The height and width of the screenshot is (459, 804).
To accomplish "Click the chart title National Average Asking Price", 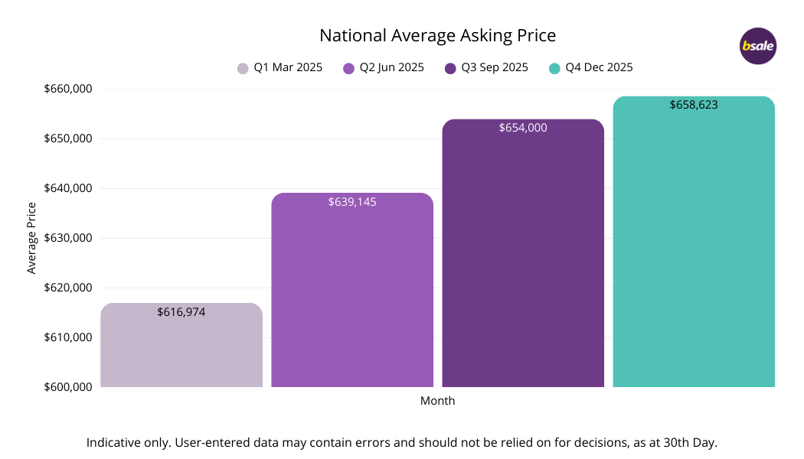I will [x=437, y=35].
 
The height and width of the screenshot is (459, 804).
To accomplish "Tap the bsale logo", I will [x=758, y=46].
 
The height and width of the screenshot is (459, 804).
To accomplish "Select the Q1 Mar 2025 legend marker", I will [x=243, y=68].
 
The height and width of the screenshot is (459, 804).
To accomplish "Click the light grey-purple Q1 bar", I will [x=181, y=352].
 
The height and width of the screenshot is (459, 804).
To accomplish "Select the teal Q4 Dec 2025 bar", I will [x=694, y=252].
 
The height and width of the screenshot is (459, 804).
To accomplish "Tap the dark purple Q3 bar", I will [x=523, y=260].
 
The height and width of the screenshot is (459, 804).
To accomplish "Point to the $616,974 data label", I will [x=181, y=312].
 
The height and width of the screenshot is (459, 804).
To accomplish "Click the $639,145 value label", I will [x=352, y=202].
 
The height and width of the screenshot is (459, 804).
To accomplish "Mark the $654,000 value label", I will [x=523, y=128].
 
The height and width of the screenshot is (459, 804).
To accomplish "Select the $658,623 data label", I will [x=694, y=105].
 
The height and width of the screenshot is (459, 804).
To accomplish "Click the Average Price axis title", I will [x=31, y=238].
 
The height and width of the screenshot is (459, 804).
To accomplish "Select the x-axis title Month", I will [x=437, y=401].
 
